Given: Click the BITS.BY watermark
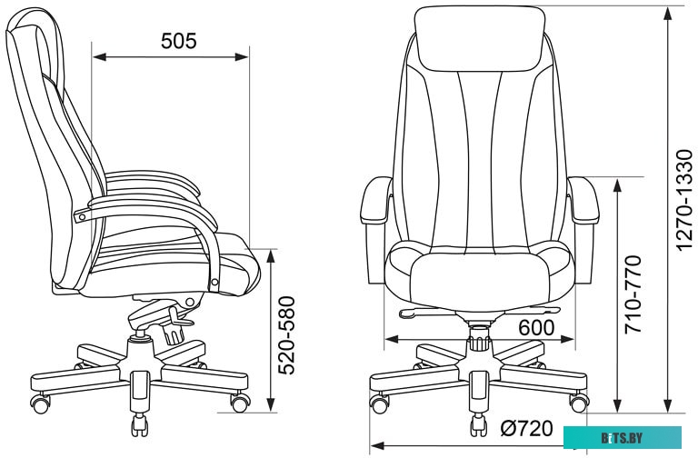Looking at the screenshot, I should click(x=627, y=439).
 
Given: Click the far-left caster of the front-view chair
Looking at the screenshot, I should click(x=378, y=400).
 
